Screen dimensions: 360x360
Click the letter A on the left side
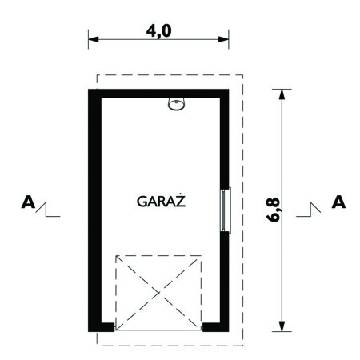[x=29, y=203]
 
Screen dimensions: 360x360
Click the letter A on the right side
[x=338, y=203]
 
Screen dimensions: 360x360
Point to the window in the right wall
[x=226, y=210]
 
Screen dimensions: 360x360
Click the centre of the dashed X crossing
[x=158, y=292]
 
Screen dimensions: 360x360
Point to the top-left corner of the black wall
[x=91, y=94]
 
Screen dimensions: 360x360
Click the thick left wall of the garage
[x=94, y=208]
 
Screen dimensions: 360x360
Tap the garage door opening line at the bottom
[x=158, y=329]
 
